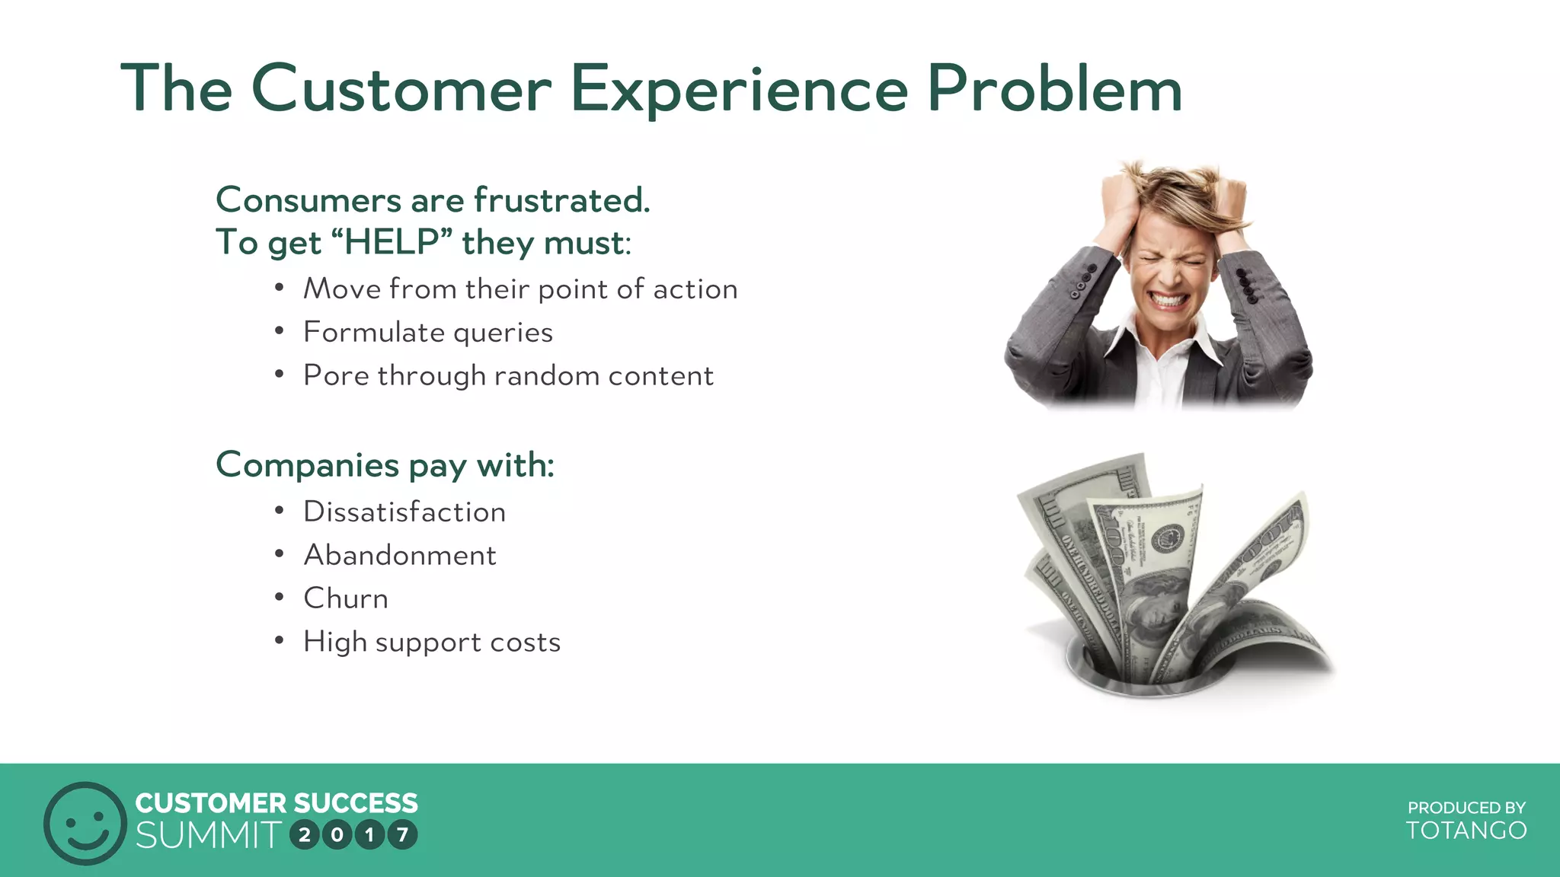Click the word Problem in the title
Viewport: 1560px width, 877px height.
click(x=1054, y=89)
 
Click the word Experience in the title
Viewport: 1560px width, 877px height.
click(x=739, y=89)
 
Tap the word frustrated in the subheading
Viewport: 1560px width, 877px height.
click(x=561, y=200)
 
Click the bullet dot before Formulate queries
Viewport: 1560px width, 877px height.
click(x=280, y=332)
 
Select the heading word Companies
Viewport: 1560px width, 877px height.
click(x=307, y=465)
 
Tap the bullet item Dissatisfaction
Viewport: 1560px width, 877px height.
click(x=404, y=512)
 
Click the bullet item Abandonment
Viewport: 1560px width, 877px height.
click(x=399, y=555)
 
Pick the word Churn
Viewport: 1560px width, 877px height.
click(x=346, y=598)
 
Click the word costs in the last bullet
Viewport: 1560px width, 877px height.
click(x=525, y=642)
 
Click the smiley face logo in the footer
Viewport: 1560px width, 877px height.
click(x=85, y=823)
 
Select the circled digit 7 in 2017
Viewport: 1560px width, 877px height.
click(x=402, y=835)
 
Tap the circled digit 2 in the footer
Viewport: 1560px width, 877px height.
click(x=305, y=835)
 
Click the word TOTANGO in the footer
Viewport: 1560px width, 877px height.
click(x=1466, y=831)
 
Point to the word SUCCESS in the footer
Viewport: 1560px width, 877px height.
click(x=356, y=803)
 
